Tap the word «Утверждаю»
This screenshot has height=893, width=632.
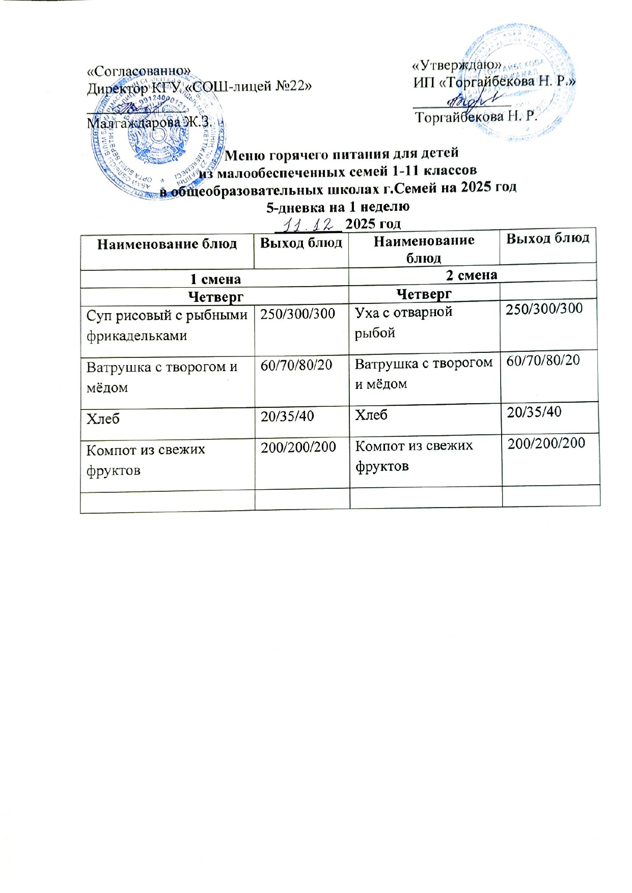point(457,65)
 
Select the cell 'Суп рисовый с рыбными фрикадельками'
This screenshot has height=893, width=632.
point(167,326)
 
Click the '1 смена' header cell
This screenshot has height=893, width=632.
point(215,279)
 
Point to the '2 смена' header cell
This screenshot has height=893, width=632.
point(472,275)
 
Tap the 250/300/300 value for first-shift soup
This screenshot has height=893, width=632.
point(298,314)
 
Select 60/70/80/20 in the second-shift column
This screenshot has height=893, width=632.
point(543,360)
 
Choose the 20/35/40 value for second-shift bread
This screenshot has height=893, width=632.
point(534,412)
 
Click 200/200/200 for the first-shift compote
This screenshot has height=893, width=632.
point(298,447)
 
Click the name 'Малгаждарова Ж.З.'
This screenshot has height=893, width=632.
point(148,123)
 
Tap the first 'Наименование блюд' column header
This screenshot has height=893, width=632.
point(167,244)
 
